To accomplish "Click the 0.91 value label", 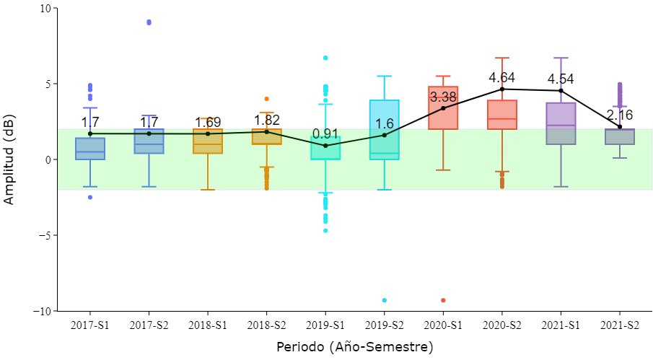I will point(325,133).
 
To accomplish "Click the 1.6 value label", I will point(385,123).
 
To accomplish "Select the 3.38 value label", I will point(443,97).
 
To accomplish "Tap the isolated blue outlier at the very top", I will point(149,22).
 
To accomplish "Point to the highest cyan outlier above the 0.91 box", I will point(325,58).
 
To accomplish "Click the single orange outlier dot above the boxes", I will point(266,99).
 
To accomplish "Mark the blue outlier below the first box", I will point(90,197).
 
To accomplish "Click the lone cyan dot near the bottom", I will point(384,300).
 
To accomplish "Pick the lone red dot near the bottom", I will point(443,300).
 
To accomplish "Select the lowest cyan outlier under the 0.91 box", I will point(325,230).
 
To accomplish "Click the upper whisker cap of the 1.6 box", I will point(384,76).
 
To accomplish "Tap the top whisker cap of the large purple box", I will point(561,58).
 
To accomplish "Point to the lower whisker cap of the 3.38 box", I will point(443,170).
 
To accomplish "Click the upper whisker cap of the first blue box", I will point(90,108).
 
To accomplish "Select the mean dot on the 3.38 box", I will point(443,108).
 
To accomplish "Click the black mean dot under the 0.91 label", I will point(325,146).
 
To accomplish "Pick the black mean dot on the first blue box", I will point(90,133).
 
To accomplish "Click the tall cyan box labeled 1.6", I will point(384,130).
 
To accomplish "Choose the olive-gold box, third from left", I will point(208,141).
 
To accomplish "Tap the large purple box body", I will point(561,123).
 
